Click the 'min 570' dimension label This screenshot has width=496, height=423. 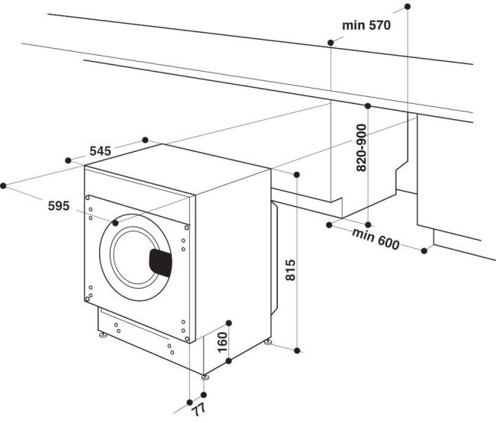pos(366,25)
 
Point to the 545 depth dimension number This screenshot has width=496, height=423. pos(100,151)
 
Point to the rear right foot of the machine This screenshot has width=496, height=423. pos(268,341)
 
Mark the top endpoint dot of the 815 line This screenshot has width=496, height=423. pos(297,174)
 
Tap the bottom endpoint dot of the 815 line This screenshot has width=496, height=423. pos(298,350)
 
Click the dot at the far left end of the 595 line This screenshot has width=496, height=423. pos(4,185)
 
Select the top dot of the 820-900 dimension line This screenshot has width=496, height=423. pos(368,105)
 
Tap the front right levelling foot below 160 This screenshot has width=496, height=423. pos(205,376)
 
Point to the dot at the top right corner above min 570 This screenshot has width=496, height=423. pos(407,6)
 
